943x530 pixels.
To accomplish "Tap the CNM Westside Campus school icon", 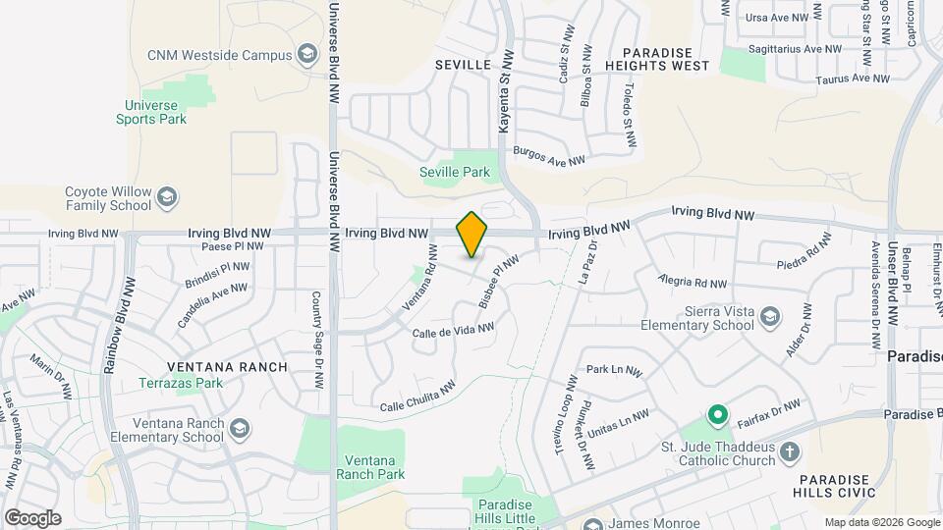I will pyautogui.click(x=307, y=54).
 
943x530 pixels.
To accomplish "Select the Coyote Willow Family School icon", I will pyautogui.click(x=168, y=198).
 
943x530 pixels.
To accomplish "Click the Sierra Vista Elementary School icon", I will pyautogui.click(x=771, y=317).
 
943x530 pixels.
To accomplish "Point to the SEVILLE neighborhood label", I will pyautogui.click(x=463, y=65).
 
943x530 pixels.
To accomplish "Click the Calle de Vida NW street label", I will pyautogui.click(x=453, y=331).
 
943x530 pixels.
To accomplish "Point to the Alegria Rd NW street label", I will pyautogui.click(x=693, y=282).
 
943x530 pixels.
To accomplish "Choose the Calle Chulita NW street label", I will pyautogui.click(x=417, y=397).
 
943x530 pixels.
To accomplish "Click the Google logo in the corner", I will pyautogui.click(x=32, y=517).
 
